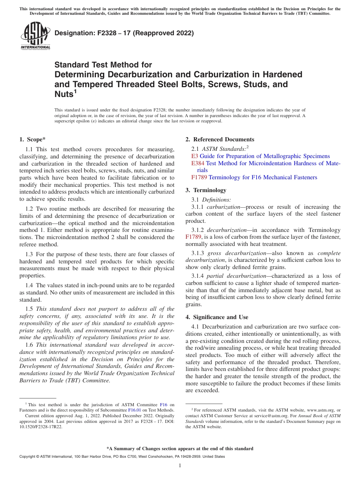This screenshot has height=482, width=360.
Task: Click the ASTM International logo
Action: point(35,36)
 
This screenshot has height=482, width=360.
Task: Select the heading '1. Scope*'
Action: point(33,139)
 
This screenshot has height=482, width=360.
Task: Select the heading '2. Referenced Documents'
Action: point(220,139)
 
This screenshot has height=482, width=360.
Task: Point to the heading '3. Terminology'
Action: point(206,190)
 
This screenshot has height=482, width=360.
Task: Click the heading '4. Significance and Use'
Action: point(217,317)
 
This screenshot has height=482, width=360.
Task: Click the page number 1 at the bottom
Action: point(180,466)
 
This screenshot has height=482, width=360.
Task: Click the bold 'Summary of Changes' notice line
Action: point(180,449)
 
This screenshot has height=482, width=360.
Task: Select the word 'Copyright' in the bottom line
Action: point(27,457)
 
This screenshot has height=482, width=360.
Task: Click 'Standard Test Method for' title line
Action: point(103,65)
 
